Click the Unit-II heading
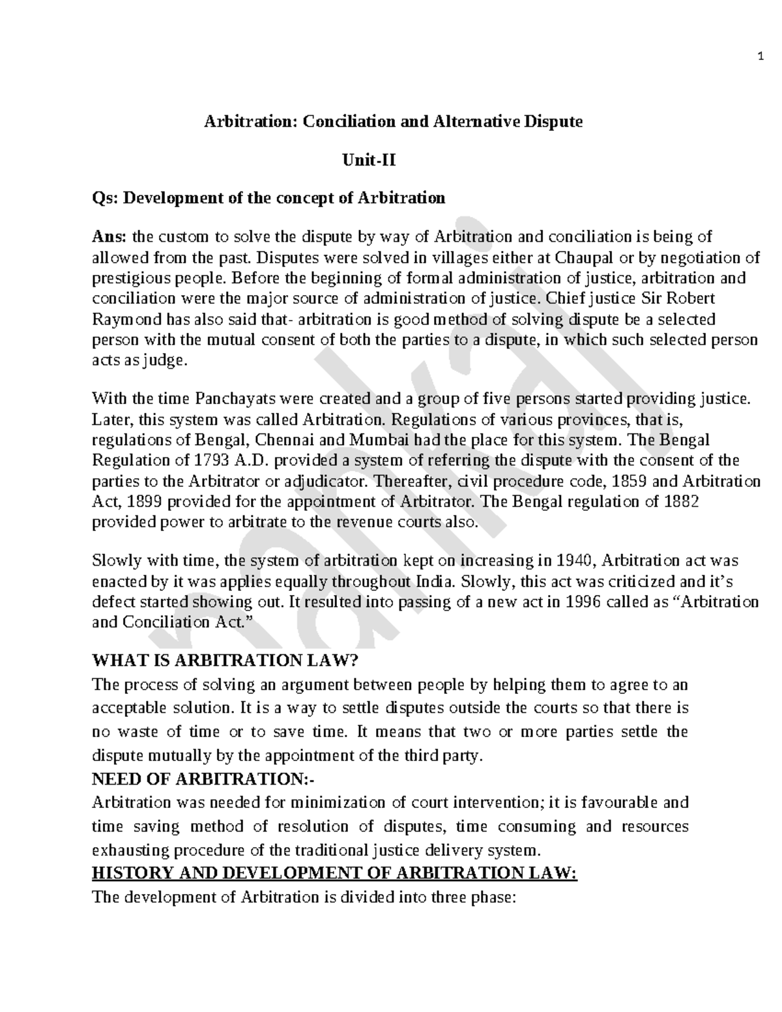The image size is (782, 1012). point(369,159)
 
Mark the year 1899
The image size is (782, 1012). point(157,502)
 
